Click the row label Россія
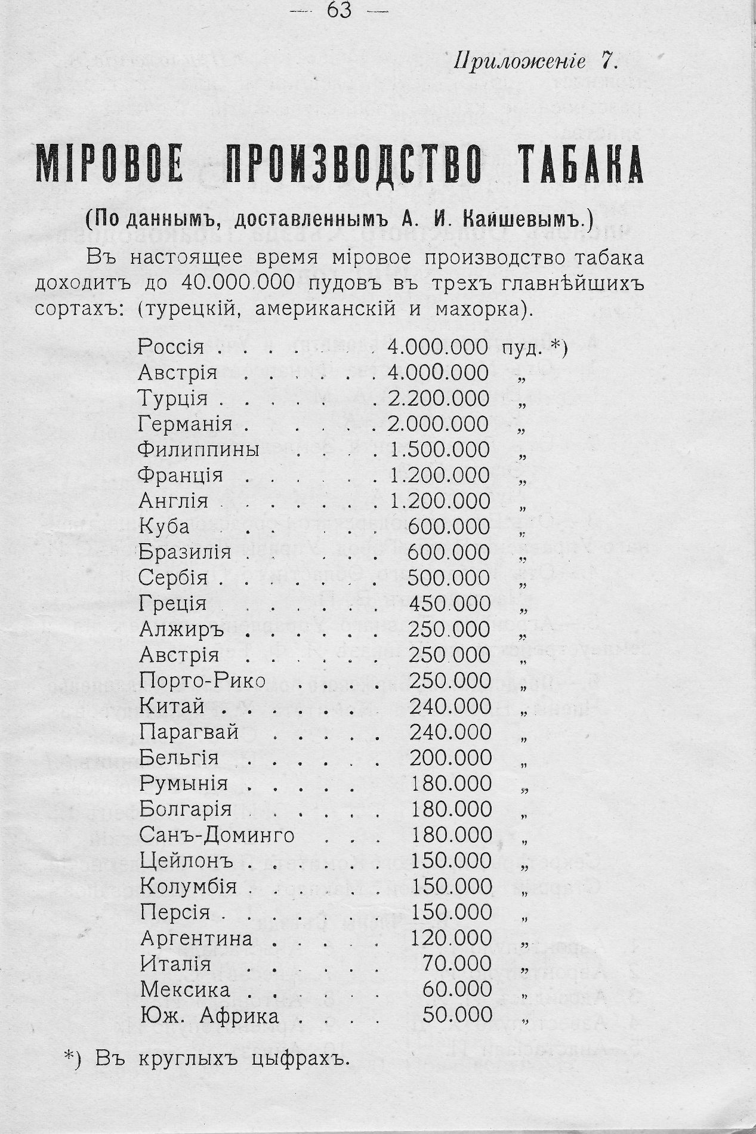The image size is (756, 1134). coord(171,347)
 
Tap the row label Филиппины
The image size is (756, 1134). coord(199,449)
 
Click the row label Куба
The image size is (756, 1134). coord(164,526)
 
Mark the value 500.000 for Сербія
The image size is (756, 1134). coord(449,578)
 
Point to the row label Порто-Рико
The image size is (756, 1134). coord(202,680)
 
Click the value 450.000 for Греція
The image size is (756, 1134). coord(449,603)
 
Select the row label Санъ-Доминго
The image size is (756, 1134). coord(217,834)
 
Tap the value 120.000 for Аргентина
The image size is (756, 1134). coord(450,938)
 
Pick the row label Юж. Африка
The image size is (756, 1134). coord(209,1015)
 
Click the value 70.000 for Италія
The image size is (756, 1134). coord(456,964)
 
